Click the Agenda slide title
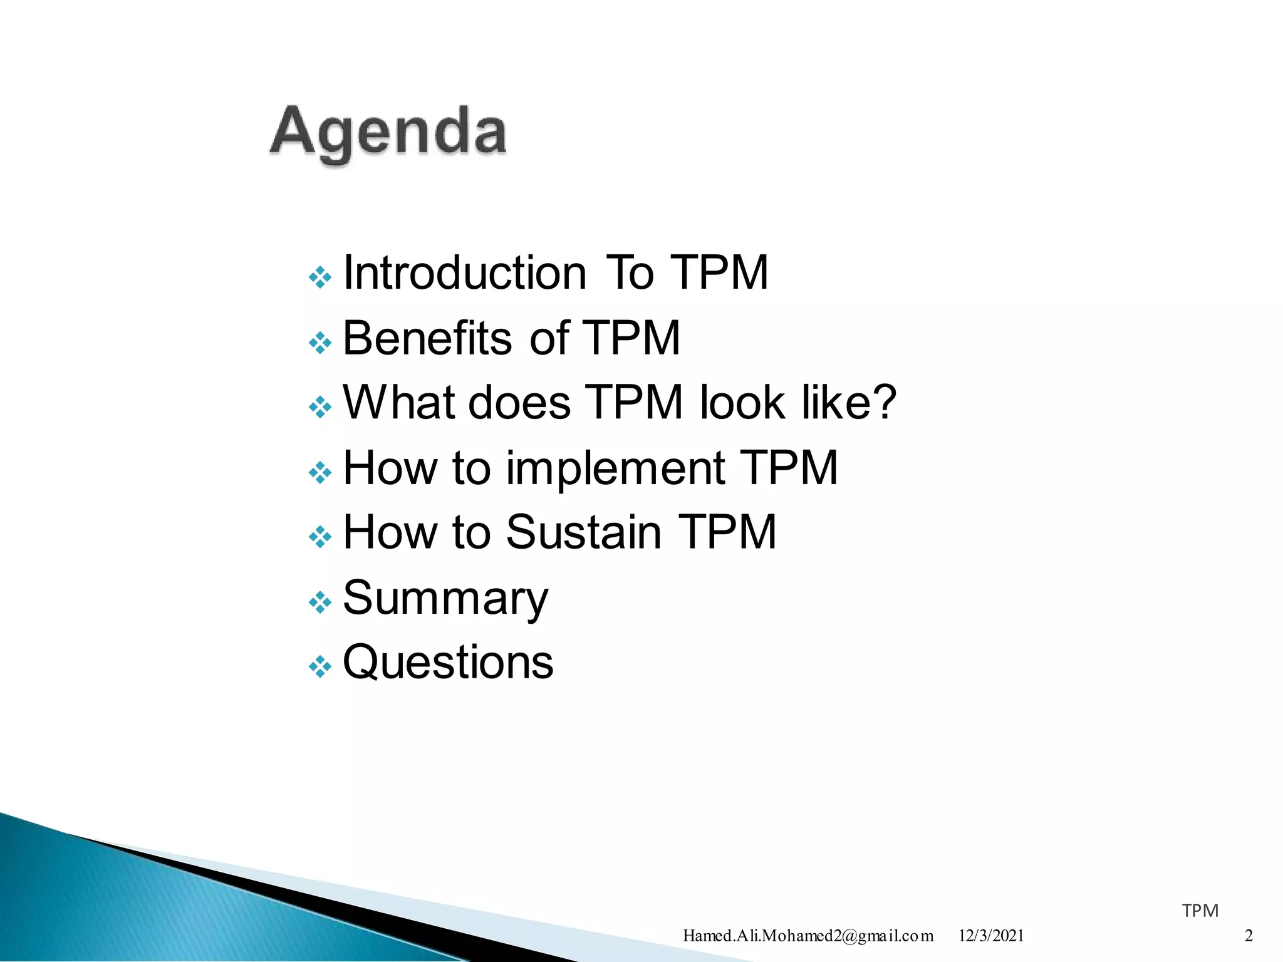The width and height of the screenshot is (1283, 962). point(388,133)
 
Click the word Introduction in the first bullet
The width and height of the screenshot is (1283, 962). point(465,273)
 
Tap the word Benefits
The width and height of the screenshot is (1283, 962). point(427,338)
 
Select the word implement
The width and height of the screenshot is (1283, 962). point(615,468)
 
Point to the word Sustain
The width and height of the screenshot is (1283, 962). point(583,532)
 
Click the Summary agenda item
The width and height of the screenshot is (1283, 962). point(445,598)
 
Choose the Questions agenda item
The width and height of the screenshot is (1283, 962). point(448,662)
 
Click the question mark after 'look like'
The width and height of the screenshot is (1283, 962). point(884,402)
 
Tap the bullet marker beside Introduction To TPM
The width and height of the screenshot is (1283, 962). point(320,277)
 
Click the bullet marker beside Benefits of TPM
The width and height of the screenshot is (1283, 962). point(320,343)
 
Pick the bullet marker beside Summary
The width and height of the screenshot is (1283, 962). point(320,603)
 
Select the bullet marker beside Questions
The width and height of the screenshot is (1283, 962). point(320,666)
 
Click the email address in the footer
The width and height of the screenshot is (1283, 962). point(808,936)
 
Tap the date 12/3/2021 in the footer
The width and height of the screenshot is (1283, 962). point(991,936)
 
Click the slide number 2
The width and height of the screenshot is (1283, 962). point(1248,936)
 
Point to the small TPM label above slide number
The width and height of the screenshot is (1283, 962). point(1200,911)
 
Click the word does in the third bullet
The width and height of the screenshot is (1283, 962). point(519,402)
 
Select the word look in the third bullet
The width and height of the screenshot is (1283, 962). point(742,402)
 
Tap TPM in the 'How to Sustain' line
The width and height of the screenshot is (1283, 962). point(727,532)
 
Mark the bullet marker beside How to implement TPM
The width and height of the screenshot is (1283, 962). point(320,472)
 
